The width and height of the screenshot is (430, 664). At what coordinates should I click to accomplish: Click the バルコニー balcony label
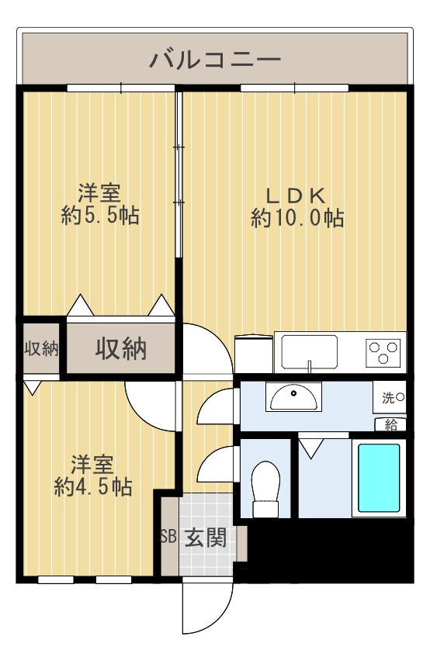pos(215,59)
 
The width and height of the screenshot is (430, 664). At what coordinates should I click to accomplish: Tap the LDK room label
pos(296,195)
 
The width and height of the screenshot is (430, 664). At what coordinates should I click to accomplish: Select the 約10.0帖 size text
pos(297,218)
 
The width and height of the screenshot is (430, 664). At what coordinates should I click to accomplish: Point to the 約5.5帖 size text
pos(100,215)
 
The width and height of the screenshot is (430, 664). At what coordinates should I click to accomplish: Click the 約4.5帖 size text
pos(93,486)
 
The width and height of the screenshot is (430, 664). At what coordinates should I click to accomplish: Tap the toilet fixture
pos(265,489)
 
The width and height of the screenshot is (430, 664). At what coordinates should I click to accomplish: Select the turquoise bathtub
pos(379,478)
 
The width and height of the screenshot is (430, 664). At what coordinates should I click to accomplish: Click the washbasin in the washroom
pos(293,397)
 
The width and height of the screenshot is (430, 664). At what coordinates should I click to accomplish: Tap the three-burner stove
pos(383,352)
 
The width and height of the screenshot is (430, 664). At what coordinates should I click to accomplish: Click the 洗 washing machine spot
pos(390,397)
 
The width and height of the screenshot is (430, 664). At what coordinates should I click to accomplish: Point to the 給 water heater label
pos(390,425)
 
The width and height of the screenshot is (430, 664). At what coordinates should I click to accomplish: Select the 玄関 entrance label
pos(206,537)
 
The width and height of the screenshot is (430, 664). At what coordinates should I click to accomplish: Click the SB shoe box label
pos(168,537)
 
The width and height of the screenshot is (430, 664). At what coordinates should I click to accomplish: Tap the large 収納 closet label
pos(121,348)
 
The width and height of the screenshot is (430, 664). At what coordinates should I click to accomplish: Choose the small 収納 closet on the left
pos(40,348)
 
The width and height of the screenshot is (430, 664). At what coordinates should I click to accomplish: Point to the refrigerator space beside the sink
pos(253,354)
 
